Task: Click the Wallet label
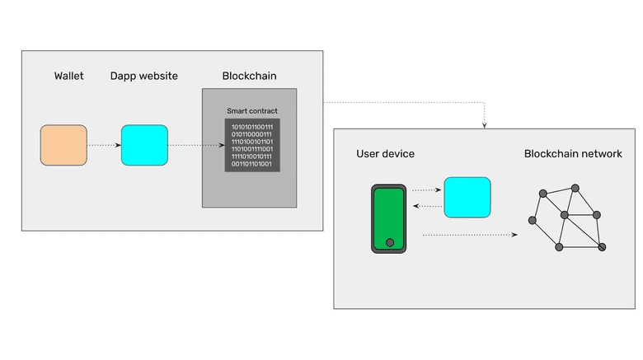pos(69,77)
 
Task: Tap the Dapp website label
pos(144,77)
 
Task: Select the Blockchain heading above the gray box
pos(249,77)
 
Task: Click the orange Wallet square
pos(63,145)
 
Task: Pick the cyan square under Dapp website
pos(144,145)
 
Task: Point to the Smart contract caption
pos(252,110)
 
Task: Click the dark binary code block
pos(252,146)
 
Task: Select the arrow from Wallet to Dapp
pos(104,145)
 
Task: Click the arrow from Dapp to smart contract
pos(196,145)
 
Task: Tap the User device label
pos(385,154)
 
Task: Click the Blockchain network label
pos(573,154)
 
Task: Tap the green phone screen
pos(388,216)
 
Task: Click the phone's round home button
pos(389,243)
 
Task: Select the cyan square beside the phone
pos(467,198)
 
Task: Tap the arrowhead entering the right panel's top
pos(484,125)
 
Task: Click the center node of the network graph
pos(565,215)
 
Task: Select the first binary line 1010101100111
pos(252,127)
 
